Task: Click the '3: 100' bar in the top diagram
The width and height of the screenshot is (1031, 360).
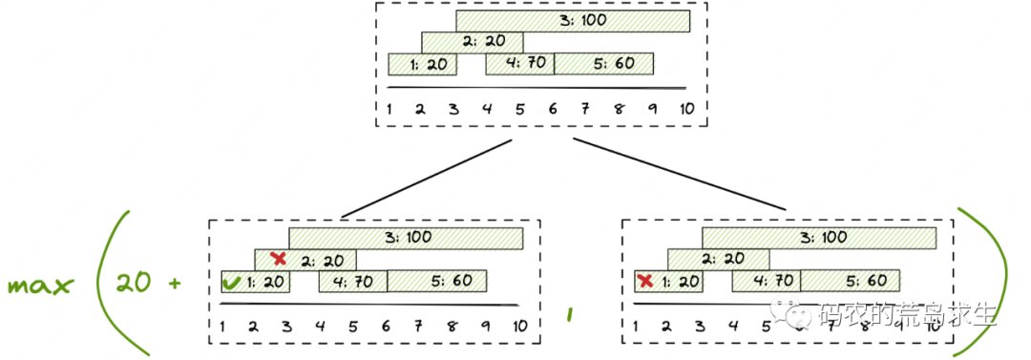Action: point(573,20)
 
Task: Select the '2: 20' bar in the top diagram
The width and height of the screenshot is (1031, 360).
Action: point(473,42)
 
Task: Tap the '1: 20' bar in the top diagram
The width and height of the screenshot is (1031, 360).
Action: point(422,64)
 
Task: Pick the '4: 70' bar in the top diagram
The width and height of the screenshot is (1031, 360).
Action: point(519,64)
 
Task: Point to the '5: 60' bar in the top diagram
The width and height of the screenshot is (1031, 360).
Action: point(603,64)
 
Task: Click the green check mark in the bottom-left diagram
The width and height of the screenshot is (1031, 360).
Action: point(231,282)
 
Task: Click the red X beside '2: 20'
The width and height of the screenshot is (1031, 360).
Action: point(279,259)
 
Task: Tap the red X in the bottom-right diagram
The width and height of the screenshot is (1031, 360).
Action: point(645,281)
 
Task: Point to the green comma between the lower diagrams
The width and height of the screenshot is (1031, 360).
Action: point(570,312)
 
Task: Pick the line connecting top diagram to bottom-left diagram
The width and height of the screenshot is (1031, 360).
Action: point(427,179)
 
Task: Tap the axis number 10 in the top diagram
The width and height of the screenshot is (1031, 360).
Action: point(685,107)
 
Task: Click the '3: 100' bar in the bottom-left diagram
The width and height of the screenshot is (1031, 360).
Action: point(406,237)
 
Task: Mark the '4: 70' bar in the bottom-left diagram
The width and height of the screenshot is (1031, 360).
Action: point(352,281)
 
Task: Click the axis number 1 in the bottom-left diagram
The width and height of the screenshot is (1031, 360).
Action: point(222,327)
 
